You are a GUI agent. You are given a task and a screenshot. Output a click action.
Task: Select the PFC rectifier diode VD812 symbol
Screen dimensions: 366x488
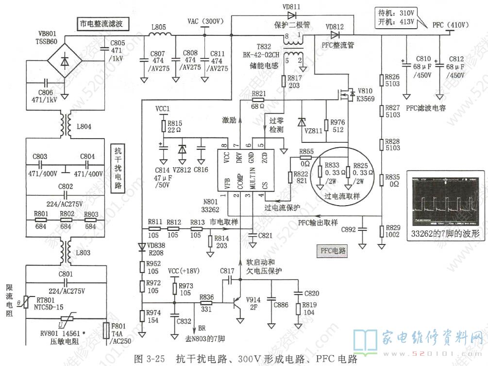pos(335,35)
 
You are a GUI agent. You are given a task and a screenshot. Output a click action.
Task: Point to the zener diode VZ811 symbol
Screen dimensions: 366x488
pos(302,122)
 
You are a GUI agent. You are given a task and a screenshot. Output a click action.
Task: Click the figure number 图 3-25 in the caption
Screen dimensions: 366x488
pos(148,359)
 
